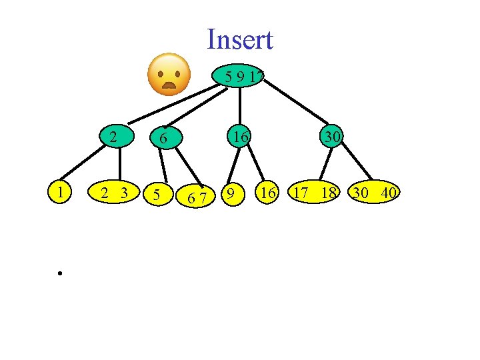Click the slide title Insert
pyautogui.click(x=240, y=40)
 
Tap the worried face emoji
pyautogui.click(x=168, y=75)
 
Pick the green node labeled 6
pyautogui.click(x=162, y=139)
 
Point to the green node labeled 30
pyautogui.click(x=331, y=137)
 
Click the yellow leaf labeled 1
pyautogui.click(x=61, y=193)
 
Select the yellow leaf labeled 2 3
pyautogui.click(x=114, y=193)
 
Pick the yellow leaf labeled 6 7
pyautogui.click(x=195, y=197)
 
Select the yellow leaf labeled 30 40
pyautogui.click(x=376, y=194)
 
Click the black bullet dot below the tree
pyautogui.click(x=59, y=273)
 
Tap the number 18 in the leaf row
pyautogui.click(x=327, y=194)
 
